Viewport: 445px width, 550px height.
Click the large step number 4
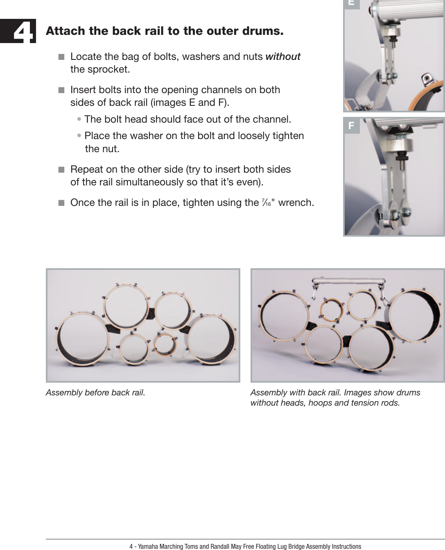[24, 32]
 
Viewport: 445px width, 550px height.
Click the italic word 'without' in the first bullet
[283, 57]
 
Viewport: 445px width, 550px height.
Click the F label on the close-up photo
[351, 126]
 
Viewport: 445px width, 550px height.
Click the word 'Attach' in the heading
[66, 31]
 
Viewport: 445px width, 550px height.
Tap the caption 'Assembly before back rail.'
[95, 393]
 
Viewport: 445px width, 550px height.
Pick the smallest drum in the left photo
[165, 344]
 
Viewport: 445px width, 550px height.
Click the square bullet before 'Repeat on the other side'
[61, 170]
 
